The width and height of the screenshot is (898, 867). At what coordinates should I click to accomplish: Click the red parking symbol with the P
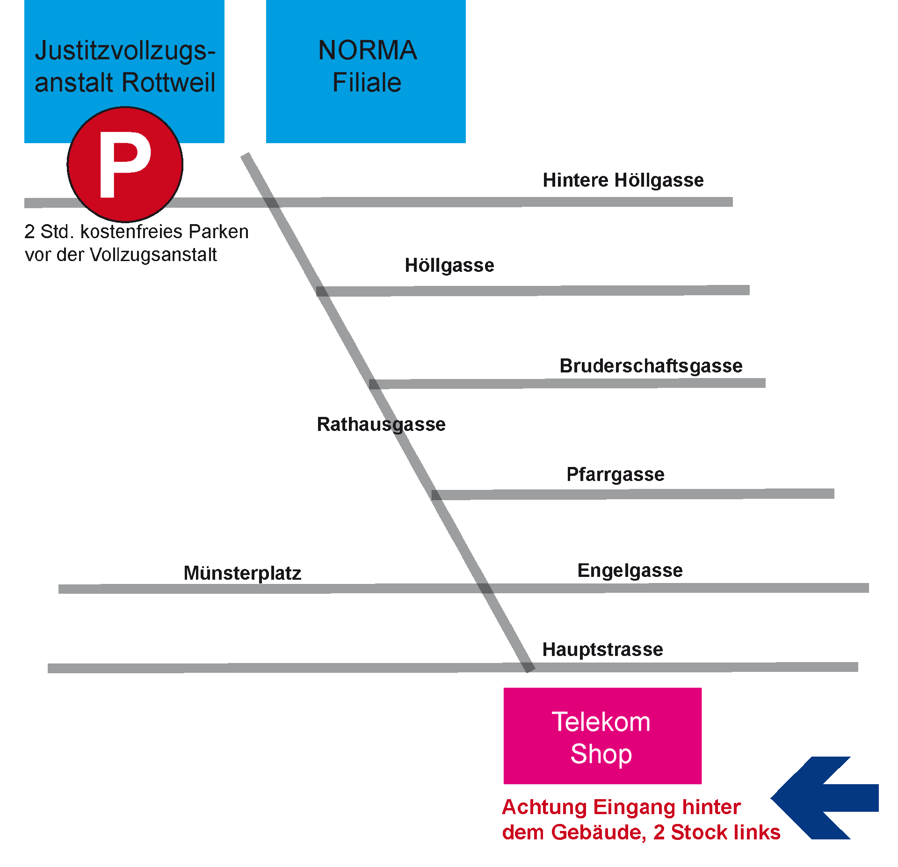[x=125, y=164]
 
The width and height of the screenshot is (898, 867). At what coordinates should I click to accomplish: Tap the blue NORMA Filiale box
[x=366, y=71]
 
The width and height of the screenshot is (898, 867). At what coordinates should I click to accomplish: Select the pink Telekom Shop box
[x=602, y=736]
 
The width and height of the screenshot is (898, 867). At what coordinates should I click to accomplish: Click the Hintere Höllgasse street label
[x=623, y=180]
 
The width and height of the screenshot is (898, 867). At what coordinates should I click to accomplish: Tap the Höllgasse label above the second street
[x=449, y=265]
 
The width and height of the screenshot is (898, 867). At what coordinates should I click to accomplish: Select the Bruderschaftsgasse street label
[x=651, y=366]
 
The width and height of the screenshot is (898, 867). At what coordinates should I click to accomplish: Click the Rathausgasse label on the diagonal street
[x=381, y=424]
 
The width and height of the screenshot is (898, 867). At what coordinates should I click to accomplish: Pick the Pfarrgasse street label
[x=615, y=474]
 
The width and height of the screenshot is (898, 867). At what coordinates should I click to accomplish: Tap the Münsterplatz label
[x=242, y=573]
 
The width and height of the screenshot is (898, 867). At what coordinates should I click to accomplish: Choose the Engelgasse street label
[x=630, y=570]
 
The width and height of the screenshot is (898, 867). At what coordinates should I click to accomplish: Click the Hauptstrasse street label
[x=602, y=649]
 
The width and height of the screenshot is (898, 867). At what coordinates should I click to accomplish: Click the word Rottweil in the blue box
[x=169, y=83]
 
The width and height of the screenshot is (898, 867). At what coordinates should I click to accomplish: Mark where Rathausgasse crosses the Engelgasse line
[x=485, y=588]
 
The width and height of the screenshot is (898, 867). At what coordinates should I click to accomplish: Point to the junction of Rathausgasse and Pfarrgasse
[x=436, y=495]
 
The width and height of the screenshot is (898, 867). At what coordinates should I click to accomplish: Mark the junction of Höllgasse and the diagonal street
[x=322, y=291]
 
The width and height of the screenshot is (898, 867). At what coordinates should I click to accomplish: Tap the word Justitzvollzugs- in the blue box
[x=125, y=51]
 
